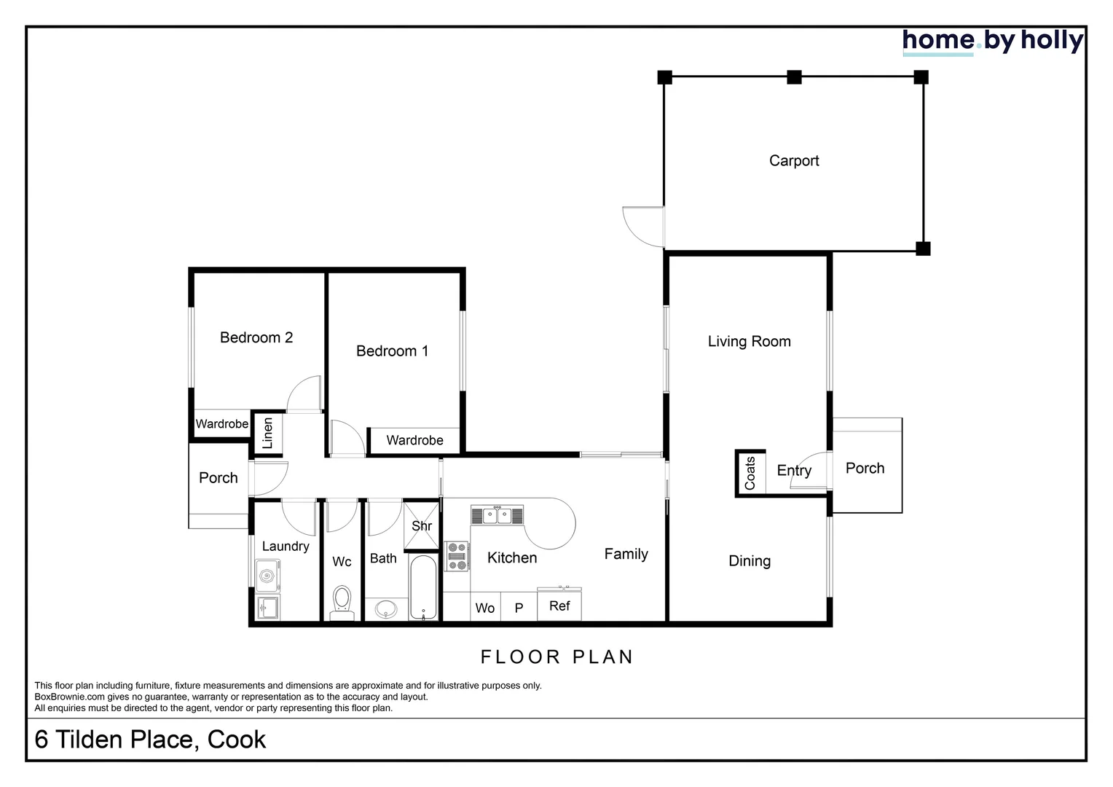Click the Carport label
click(794, 161)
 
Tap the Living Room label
click(749, 342)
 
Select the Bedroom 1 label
click(392, 351)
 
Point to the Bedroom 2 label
click(256, 337)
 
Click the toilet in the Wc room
click(342, 602)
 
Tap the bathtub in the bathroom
click(422, 587)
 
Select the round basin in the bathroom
click(386, 608)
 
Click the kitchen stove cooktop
click(457, 556)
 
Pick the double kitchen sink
click(497, 516)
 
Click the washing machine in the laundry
click(267, 576)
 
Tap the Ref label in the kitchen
click(559, 606)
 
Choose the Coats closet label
click(750, 473)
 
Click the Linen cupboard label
click(267, 433)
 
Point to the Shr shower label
click(422, 526)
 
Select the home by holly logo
click(992, 42)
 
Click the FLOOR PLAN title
click(556, 657)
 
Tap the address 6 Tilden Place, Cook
click(150, 739)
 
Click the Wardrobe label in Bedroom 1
click(414, 440)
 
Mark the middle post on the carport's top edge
click(794, 77)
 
